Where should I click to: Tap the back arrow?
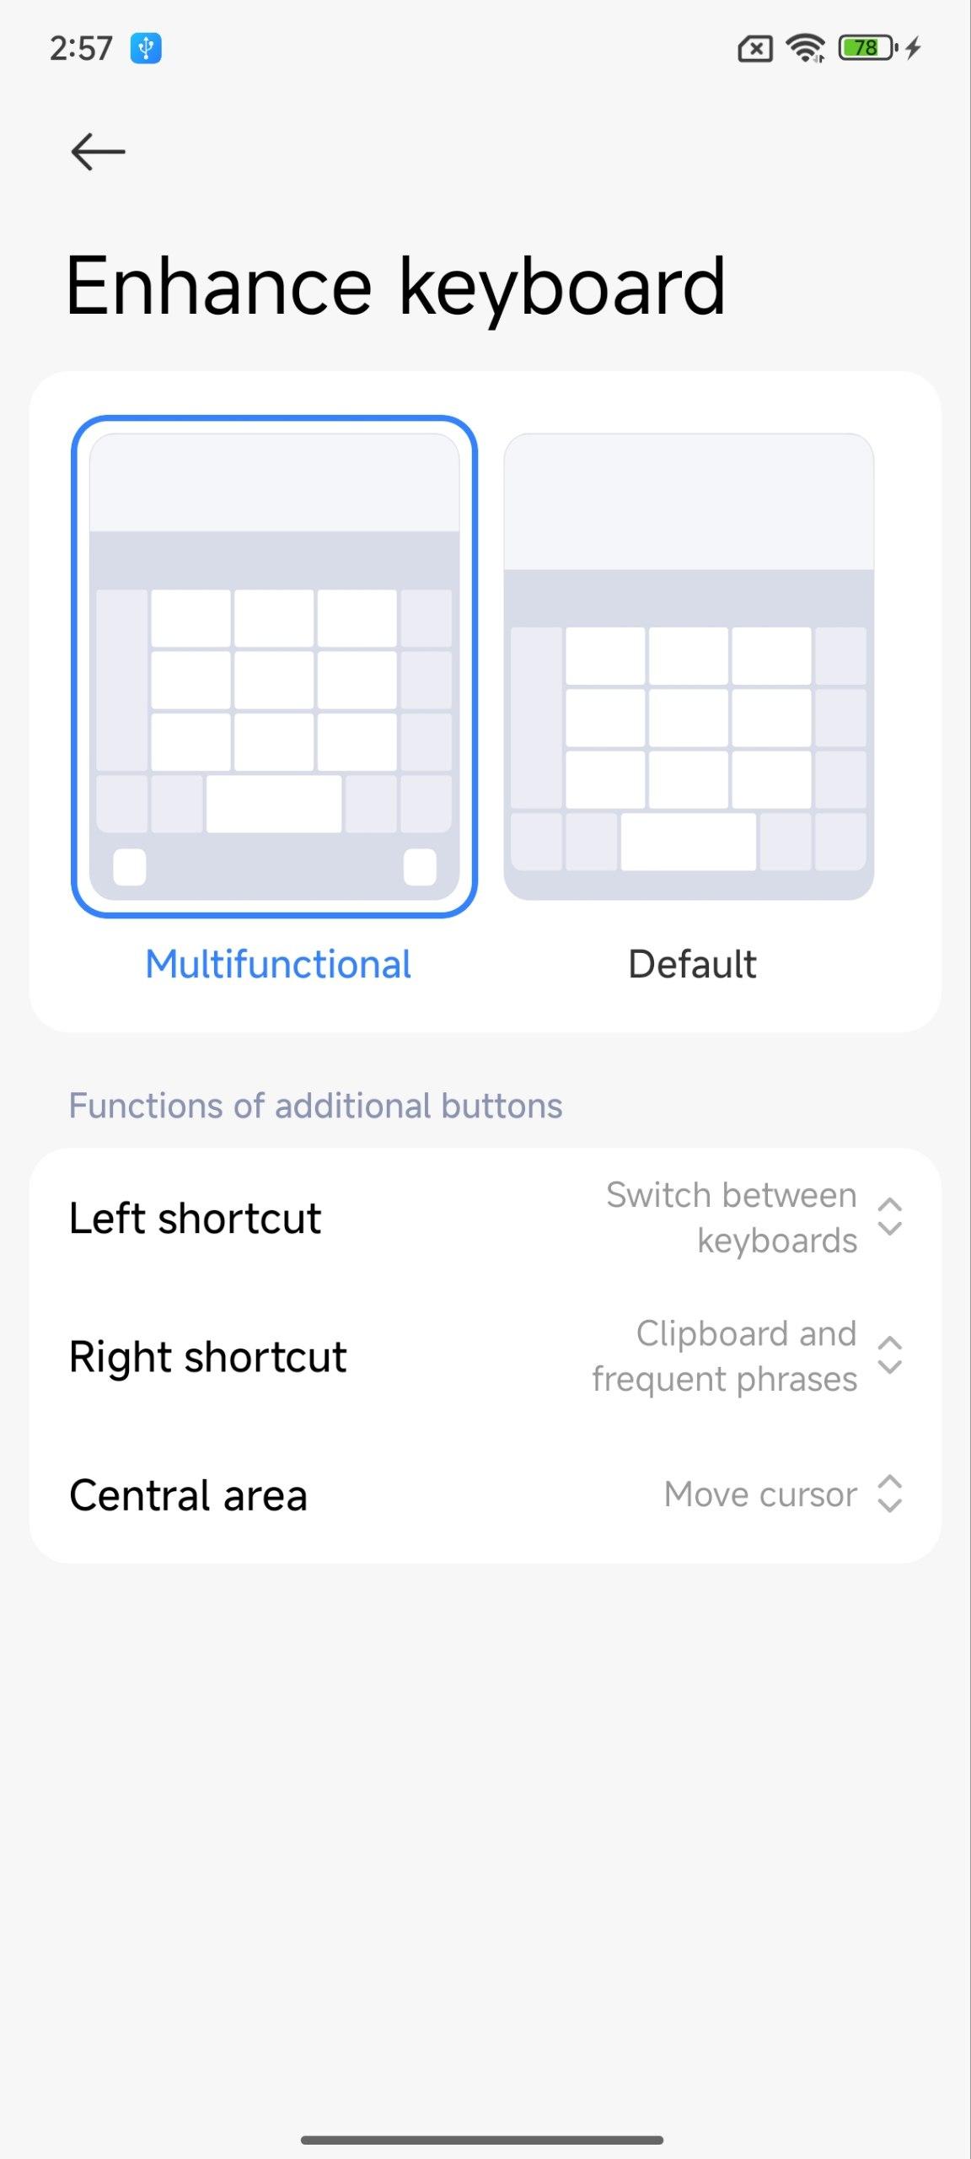point(98,152)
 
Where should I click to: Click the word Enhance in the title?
point(218,287)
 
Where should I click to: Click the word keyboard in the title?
point(561,288)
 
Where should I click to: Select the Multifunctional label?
point(278,964)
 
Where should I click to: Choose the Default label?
point(692,964)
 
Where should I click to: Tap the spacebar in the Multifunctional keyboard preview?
point(274,804)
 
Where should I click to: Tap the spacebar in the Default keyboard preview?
point(689,842)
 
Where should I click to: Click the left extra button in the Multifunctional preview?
point(129,867)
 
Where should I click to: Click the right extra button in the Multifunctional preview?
point(420,867)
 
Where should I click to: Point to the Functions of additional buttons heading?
point(315,1106)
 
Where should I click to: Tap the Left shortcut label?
point(195,1219)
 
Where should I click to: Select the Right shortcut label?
point(207,1357)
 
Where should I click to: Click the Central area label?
point(188,1495)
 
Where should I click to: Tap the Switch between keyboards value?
point(732,1218)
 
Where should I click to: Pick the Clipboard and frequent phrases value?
point(725,1356)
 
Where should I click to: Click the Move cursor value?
point(760,1494)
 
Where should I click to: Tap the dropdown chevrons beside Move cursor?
point(890,1494)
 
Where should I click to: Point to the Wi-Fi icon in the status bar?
point(805,48)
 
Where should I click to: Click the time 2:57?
point(81,49)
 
